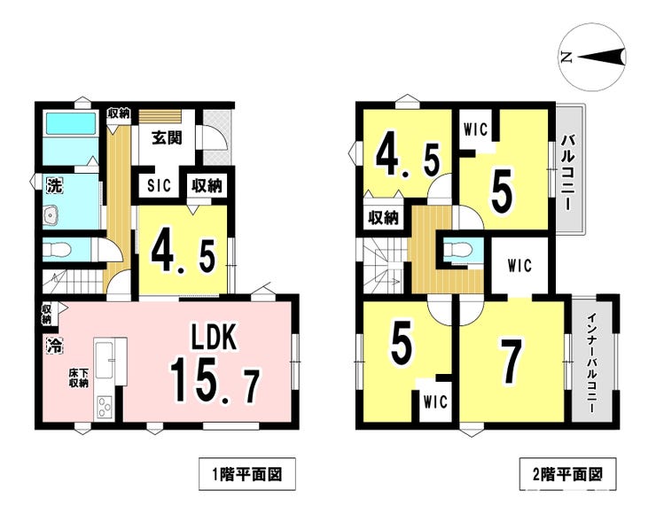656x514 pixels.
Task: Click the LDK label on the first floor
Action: [x=215, y=337]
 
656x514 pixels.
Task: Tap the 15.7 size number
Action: [x=215, y=380]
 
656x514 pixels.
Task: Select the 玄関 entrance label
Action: [x=167, y=137]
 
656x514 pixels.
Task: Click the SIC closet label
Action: [x=159, y=185]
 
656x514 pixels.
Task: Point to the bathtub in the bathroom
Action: [x=70, y=123]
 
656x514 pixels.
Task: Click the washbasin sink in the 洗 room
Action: [x=52, y=216]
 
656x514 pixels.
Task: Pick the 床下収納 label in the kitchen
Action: [x=79, y=378]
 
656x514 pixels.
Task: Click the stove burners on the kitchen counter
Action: [x=104, y=406]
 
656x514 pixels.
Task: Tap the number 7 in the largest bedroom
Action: [x=512, y=361]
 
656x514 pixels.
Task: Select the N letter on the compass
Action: [x=566, y=58]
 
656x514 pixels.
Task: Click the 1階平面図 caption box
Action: [x=246, y=474]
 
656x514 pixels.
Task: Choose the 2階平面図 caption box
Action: [x=567, y=474]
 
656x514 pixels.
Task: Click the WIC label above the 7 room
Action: [x=519, y=265]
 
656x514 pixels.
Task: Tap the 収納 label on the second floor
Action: [x=383, y=217]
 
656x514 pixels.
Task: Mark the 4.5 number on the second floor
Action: [x=408, y=160]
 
